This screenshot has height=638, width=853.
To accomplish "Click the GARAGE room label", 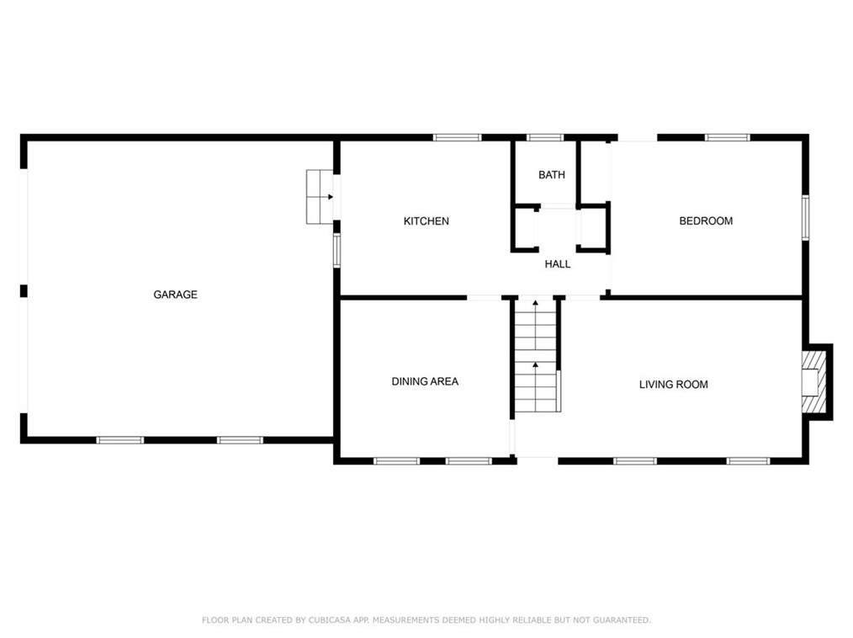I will [x=175, y=295].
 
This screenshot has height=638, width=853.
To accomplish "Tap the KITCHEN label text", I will [x=426, y=221].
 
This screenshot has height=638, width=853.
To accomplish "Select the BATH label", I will [x=552, y=175].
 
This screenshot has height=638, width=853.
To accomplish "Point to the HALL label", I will [x=558, y=264].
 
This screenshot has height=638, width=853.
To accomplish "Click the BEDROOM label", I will [x=706, y=221].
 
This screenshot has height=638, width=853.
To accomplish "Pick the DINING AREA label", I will [x=425, y=381].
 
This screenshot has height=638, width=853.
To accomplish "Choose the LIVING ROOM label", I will [x=673, y=385].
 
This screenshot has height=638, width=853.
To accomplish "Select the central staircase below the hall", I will [x=536, y=357].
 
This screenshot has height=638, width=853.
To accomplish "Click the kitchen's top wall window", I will [x=458, y=137].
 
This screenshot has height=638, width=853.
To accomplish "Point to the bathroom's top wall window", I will [x=544, y=137].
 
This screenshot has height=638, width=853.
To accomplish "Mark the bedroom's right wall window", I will [x=805, y=217].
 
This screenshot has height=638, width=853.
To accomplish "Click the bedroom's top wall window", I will [x=727, y=137].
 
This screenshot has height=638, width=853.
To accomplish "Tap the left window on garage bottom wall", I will [x=120, y=439].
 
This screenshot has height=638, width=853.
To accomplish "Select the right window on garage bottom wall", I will [x=240, y=439].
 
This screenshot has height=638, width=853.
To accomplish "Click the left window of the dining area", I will [x=396, y=460].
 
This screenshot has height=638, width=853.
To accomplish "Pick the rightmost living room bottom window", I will [x=748, y=460].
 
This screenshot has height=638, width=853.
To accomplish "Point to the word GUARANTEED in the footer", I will [x=618, y=620].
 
